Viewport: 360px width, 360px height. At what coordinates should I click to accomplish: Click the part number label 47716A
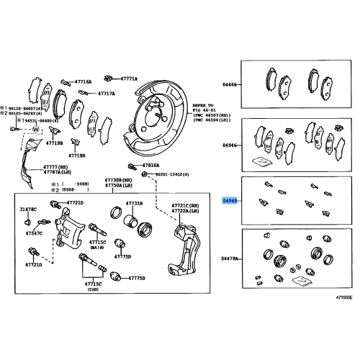click(84, 82)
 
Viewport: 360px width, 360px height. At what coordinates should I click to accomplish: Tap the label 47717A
click(106, 94)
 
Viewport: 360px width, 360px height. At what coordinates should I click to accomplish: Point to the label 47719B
click(55, 143)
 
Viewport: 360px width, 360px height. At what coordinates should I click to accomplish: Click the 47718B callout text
click(77, 155)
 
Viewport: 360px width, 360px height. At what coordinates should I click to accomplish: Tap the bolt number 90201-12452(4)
click(174, 174)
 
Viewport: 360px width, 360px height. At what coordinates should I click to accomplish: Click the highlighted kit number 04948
click(230, 201)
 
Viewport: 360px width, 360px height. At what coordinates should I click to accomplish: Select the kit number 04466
click(230, 84)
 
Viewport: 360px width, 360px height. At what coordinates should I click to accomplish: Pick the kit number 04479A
click(230, 257)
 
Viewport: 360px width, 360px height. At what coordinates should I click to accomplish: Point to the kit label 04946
click(230, 144)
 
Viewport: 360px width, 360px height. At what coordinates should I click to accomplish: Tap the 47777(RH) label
click(40, 166)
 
